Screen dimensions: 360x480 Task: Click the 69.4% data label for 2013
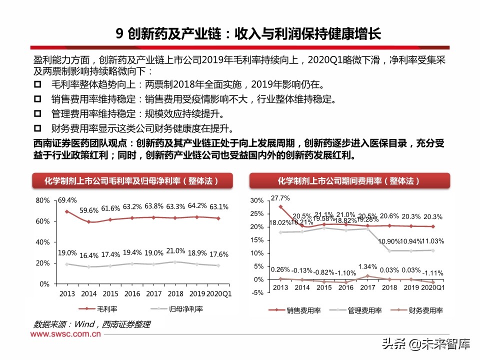click(67, 200)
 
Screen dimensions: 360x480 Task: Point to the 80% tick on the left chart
click(43, 200)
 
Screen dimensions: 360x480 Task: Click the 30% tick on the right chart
click(256, 200)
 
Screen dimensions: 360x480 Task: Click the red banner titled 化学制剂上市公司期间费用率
click(349, 180)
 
